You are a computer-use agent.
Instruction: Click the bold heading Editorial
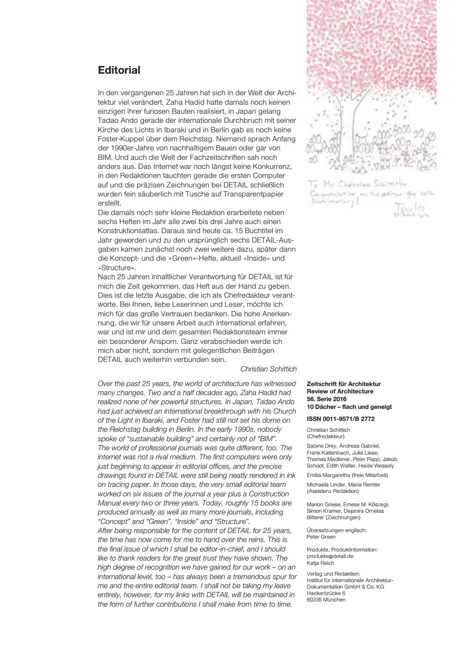click(x=119, y=70)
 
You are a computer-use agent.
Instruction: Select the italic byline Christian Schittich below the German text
click(x=268, y=369)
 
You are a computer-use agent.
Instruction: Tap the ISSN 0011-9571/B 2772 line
click(x=341, y=418)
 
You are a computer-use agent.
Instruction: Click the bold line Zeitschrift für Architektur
click(x=344, y=384)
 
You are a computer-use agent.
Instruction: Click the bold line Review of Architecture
click(x=340, y=391)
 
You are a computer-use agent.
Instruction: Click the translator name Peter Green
click(x=321, y=537)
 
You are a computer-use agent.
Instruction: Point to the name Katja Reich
click(x=320, y=563)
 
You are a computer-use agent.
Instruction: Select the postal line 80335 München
click(x=326, y=599)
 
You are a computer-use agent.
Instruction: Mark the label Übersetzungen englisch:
click(x=336, y=530)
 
